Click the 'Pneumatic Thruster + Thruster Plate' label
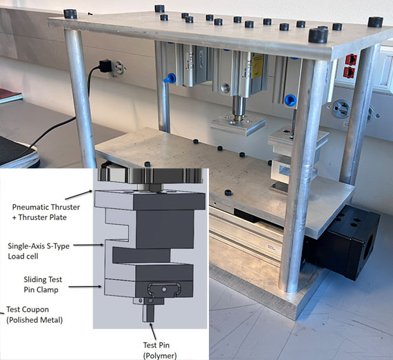coord(46,212)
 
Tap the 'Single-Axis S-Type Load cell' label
coord(39,251)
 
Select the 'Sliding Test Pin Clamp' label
coord(43,285)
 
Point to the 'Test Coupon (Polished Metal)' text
coord(34,314)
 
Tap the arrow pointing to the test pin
coord(152,331)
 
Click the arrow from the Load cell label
coord(88,245)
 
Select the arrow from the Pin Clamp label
coord(85,286)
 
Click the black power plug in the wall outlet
coord(105,66)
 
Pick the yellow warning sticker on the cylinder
coord(257,66)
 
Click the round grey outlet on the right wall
coord(341,109)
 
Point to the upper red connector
coord(351,59)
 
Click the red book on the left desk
coord(10,95)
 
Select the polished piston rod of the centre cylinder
coord(239,107)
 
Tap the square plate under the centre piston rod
coord(238,124)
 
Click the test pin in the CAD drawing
coord(148,312)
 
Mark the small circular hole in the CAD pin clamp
coord(164,290)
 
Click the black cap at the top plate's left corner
coord(70,14)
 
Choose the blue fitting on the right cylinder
coord(291,100)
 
